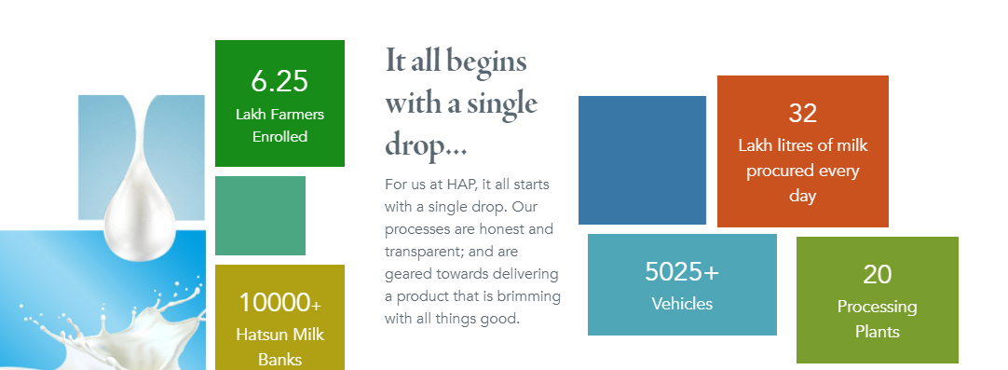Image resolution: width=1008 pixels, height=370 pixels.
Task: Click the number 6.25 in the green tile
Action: pyautogui.click(x=279, y=81)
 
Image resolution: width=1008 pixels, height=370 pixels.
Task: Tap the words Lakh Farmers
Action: pyautogui.click(x=279, y=115)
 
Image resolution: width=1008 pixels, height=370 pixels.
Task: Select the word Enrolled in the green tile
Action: pyautogui.click(x=279, y=137)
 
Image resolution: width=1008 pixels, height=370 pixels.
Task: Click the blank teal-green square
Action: pyautogui.click(x=260, y=215)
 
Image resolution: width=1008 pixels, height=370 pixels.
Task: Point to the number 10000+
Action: pyautogui.click(x=279, y=303)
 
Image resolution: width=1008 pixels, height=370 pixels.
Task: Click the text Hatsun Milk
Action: pyautogui.click(x=279, y=335)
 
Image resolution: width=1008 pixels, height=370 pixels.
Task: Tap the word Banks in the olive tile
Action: pyautogui.click(x=279, y=359)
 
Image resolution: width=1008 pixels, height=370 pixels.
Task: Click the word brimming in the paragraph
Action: pyautogui.click(x=530, y=296)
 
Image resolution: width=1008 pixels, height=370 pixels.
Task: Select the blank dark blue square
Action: pyautogui.click(x=642, y=160)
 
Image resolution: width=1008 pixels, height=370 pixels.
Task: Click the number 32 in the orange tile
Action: pyautogui.click(x=802, y=114)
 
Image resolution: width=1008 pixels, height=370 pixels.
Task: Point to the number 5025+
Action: pyautogui.click(x=682, y=271)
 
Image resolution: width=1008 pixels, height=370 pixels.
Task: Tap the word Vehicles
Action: pyautogui.click(x=682, y=304)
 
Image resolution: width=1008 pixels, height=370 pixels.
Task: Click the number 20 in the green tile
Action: pyautogui.click(x=877, y=274)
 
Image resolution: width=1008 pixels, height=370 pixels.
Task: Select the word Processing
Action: pyautogui.click(x=877, y=307)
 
